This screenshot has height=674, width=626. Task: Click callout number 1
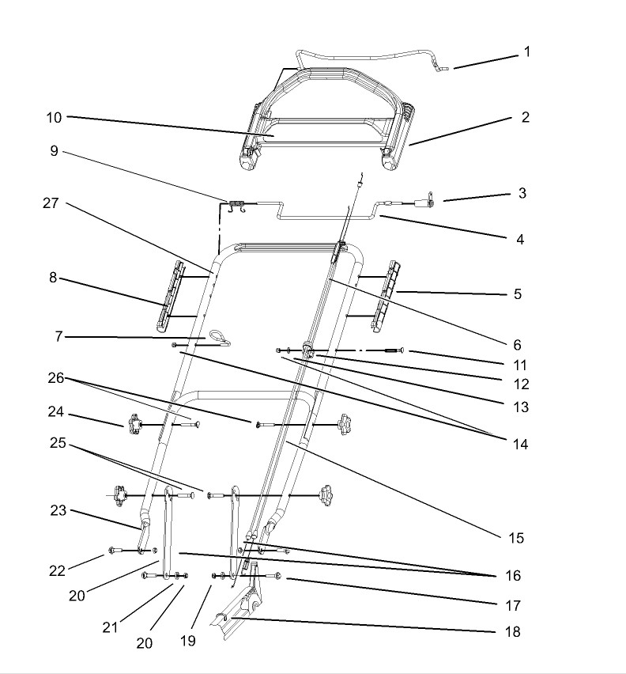click(x=527, y=51)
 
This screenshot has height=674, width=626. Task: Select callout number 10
click(x=54, y=117)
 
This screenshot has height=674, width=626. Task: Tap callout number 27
click(x=51, y=203)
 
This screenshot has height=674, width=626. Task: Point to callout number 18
click(x=513, y=631)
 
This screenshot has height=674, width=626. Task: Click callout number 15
click(x=516, y=538)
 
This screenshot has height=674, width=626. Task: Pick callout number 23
click(x=58, y=510)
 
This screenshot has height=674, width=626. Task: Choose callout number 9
click(x=54, y=151)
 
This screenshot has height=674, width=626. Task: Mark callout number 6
click(x=517, y=344)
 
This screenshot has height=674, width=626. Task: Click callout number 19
click(x=188, y=641)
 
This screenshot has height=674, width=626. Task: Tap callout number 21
click(x=110, y=627)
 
